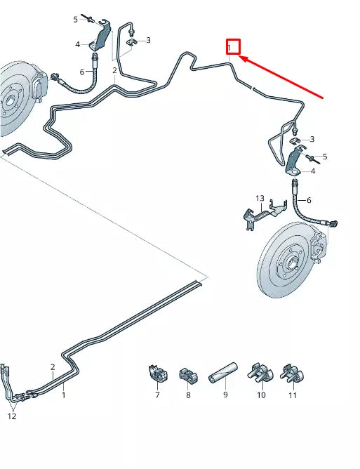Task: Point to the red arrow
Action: [x=281, y=78]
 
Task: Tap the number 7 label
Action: [x=157, y=395]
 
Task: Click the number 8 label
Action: [x=188, y=395]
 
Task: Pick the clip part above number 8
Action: [x=188, y=375]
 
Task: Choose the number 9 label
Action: [x=225, y=395]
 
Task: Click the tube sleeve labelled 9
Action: [x=223, y=371]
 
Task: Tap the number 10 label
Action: [x=261, y=395]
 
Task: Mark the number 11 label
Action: [x=293, y=395]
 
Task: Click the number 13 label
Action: [x=260, y=199]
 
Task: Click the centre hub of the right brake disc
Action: [x=289, y=266]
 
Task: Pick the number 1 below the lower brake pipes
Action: [x=64, y=395]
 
